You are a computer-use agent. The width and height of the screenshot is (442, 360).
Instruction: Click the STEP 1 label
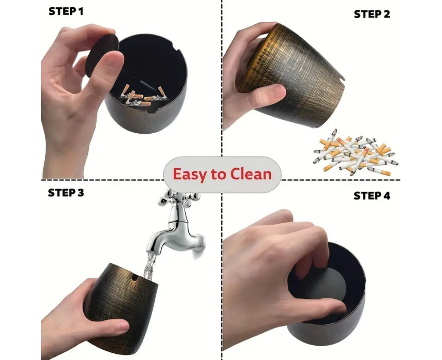(66, 11)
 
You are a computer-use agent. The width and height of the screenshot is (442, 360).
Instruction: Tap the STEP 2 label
(372, 14)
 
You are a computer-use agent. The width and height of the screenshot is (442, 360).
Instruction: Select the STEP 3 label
(66, 193)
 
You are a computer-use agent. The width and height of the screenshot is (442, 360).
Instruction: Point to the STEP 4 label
(372, 195)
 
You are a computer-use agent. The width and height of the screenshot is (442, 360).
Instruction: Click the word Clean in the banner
(251, 174)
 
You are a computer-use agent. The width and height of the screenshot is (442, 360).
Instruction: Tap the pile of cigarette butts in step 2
(356, 152)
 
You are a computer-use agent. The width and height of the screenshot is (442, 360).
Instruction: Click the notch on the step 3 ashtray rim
(136, 278)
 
